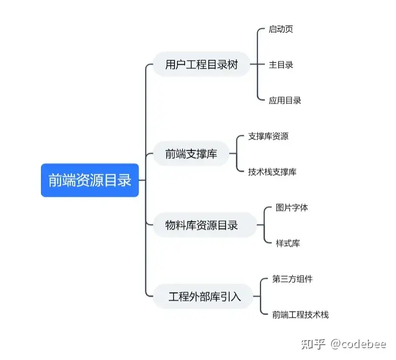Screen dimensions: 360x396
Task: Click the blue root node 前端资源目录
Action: [90, 180]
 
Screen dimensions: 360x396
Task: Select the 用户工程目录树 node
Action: [202, 65]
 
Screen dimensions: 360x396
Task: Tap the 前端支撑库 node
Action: [191, 153]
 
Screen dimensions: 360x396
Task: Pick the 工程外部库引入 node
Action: [204, 297]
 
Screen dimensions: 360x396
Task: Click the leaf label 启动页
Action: [281, 29]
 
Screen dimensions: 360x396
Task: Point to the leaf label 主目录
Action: [281, 65]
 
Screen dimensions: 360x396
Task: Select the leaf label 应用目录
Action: [285, 100]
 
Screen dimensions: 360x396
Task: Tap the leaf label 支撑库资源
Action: [268, 136]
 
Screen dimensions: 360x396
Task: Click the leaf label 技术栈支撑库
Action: [272, 172]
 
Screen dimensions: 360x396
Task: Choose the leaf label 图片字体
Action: [292, 208]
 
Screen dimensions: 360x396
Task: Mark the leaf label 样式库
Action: [288, 243]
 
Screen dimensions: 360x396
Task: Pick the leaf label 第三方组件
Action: [292, 279]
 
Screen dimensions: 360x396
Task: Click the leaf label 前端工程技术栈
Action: [300, 314]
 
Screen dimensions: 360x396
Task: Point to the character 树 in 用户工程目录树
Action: [233, 65]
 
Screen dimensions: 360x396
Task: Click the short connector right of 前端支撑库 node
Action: [233, 153]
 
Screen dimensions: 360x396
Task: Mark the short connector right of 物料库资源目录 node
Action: [260, 225]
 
